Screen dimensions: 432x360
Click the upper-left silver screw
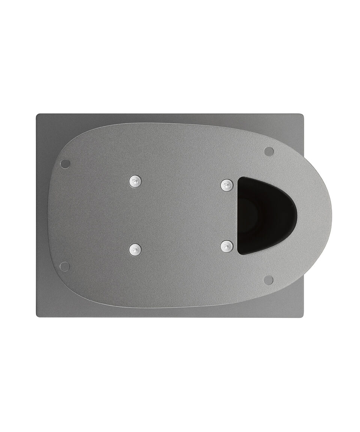135,182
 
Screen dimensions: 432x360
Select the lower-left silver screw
135,249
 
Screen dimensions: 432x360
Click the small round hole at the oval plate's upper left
65,164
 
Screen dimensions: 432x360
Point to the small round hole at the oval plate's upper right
269,151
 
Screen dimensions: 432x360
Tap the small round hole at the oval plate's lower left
64,267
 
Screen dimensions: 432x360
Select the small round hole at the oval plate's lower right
268,280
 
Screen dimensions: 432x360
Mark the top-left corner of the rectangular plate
37,115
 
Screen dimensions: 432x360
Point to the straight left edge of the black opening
238,216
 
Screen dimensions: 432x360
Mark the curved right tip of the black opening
297,215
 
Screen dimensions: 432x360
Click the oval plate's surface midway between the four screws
181,215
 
